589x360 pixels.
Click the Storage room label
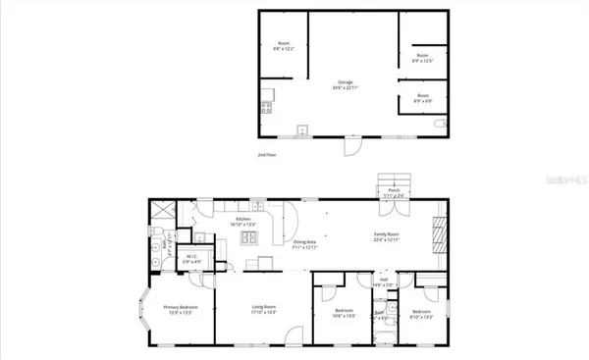point(345,83)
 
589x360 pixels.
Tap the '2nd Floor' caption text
point(267,155)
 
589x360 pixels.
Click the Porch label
point(394,191)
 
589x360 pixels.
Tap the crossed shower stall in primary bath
point(160,211)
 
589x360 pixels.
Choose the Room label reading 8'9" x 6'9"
point(423,98)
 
